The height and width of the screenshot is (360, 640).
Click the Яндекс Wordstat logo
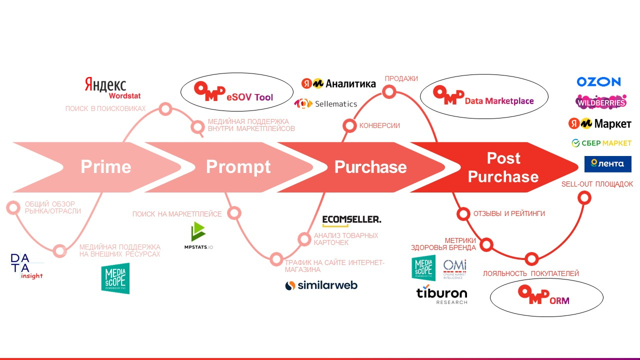click(105, 87)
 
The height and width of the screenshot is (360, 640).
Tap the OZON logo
click(598, 81)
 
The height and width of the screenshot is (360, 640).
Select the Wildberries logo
click(601, 102)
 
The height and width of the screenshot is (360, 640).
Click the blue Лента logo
click(607, 164)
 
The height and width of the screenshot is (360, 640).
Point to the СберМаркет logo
click(601, 143)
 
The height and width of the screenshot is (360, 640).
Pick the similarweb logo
click(321, 285)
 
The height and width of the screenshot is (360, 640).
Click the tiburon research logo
click(442, 295)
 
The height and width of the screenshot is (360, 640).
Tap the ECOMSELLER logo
click(351, 219)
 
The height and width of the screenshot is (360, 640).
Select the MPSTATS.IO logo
click(198, 236)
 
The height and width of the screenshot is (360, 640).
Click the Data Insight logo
click(26, 266)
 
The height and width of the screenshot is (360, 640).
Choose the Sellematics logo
click(325, 103)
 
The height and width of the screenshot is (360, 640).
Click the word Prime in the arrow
click(106, 167)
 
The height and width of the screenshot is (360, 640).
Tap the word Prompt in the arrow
click(238, 167)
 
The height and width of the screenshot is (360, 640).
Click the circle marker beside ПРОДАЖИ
click(389, 92)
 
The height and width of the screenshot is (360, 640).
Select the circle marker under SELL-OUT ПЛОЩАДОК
click(583, 198)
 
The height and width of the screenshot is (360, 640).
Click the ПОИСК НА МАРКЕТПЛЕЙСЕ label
click(177, 214)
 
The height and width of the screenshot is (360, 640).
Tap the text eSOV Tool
click(249, 97)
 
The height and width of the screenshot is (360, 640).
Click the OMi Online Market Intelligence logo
click(454, 268)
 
